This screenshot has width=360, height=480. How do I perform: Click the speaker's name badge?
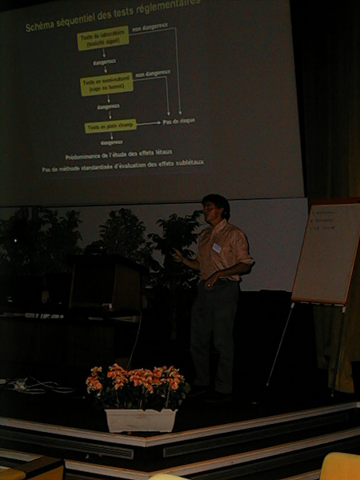[216, 248]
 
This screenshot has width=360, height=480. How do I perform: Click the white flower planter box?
[141, 419]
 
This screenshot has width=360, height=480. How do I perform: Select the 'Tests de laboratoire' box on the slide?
[102, 38]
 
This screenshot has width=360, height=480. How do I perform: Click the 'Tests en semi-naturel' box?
[106, 83]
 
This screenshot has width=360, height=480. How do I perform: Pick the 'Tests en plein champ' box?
[110, 126]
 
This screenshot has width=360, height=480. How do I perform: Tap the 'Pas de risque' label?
[178, 121]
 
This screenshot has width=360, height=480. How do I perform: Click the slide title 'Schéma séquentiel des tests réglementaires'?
[112, 16]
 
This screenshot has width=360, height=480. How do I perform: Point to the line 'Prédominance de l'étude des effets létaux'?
[118, 153]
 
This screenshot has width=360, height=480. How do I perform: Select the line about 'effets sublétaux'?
[122, 166]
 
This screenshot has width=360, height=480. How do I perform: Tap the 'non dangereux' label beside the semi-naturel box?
[152, 73]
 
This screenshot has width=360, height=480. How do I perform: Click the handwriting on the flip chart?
[323, 220]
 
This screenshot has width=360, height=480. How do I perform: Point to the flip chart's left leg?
[281, 344]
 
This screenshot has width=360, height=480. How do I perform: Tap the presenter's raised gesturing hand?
[177, 255]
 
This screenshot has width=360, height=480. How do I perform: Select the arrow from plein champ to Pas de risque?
[148, 123]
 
